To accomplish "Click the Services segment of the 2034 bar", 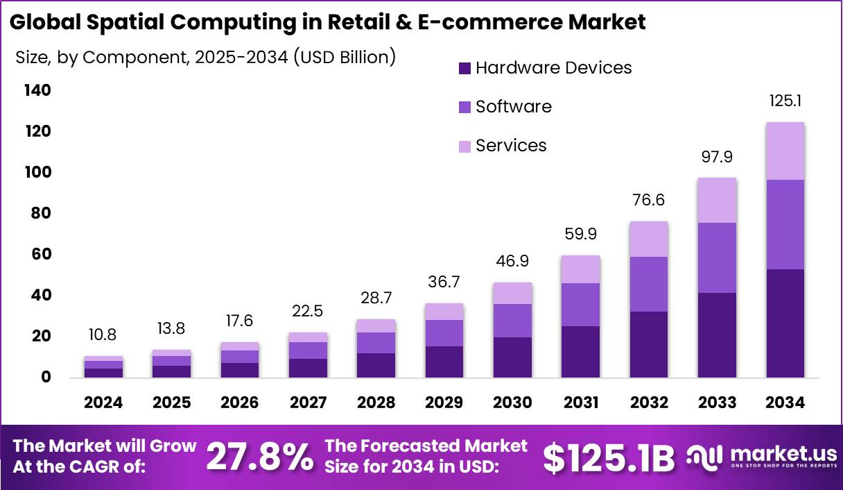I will tap(785, 151).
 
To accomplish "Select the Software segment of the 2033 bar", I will tap(717, 257).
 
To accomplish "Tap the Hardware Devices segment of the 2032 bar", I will tap(649, 344).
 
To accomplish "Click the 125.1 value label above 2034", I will tap(785, 101).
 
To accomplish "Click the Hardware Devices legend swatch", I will tap(464, 68).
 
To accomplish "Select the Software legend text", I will tap(514, 107).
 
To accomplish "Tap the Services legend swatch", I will tap(464, 146).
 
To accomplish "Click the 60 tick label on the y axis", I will tap(41, 254).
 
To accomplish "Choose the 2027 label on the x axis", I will tap(308, 403).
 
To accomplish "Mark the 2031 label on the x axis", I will tap(580, 403).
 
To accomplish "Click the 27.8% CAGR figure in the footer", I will tap(260, 457).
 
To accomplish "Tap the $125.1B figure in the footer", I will tap(608, 457).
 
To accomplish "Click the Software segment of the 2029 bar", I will tap(444, 333).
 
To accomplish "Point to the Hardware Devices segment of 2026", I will tap(240, 370).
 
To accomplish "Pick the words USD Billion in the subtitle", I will tap(344, 57).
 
